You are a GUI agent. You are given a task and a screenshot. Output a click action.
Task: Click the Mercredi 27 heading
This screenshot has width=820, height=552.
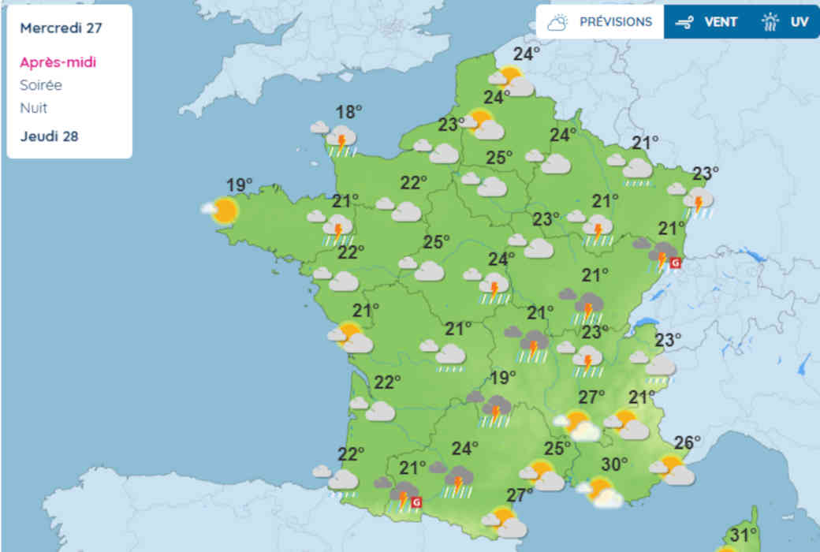pos(61,28)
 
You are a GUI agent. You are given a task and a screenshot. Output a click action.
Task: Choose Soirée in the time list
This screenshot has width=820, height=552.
pos(41,85)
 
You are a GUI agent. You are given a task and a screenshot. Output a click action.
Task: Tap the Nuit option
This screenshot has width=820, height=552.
pos(34,108)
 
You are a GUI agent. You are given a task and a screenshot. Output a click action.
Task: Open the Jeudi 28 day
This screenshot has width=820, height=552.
pos(49,136)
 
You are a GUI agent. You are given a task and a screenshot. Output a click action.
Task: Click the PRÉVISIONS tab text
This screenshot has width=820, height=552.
pos(616,22)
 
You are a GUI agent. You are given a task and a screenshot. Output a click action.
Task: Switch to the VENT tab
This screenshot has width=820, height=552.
pos(721,22)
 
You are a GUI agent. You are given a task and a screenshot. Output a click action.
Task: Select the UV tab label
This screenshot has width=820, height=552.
pos(799,22)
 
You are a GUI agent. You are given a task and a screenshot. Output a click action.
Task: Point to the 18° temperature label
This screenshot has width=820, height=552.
pos(348,111)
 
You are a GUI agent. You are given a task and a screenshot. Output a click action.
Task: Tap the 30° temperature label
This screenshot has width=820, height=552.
pos(614,464)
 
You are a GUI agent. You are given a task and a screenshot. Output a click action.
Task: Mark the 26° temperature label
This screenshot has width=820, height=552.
pos(687,442)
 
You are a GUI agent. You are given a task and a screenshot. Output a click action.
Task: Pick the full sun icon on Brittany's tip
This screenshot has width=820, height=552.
pos(224,211)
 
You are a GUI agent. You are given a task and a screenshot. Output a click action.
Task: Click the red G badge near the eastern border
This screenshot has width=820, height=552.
pos(674,263)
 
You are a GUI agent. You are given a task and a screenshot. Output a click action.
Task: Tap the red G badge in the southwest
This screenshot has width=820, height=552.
pos(417,502)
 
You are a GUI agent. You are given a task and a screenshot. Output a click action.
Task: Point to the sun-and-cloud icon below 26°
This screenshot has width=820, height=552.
pos(673,470)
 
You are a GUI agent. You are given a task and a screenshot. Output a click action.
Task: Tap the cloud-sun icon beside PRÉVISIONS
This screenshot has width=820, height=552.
pos(558,22)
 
